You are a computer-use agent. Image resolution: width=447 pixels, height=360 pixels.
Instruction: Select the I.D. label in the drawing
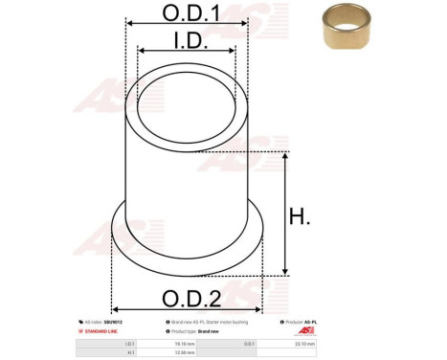pos(188,40)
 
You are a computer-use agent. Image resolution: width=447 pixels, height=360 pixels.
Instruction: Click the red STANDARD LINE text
pos(103,331)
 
